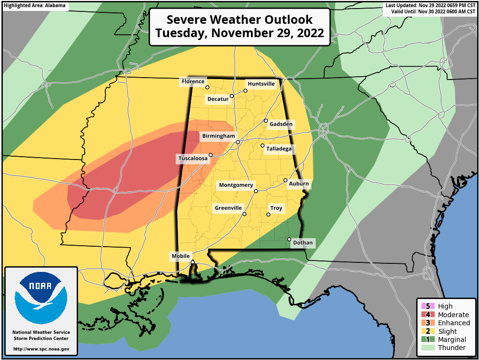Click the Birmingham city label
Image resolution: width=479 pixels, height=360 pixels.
pos(219,136)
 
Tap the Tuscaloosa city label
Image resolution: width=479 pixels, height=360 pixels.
pos(193,159)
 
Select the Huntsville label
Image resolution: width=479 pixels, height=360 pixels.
pos(261,84)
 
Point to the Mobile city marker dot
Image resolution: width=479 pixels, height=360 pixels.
pos(192,262)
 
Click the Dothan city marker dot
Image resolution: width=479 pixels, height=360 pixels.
pos(289,239)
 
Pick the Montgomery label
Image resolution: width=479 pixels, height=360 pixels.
pos(236,185)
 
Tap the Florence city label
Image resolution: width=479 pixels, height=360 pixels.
pos(193,82)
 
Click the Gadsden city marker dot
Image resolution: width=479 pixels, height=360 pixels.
pos(266,120)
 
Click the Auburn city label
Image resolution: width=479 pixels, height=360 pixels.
pos(299,184)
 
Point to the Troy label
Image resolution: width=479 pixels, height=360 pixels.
pos(277,208)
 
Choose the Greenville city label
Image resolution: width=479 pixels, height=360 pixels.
pos(229,208)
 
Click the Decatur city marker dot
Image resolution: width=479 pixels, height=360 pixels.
pos(231,96)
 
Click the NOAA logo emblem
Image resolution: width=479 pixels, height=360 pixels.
pos(41,299)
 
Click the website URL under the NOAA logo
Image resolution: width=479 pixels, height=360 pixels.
pos(41,349)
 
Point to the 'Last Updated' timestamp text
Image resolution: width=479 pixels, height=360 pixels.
pos(431,5)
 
